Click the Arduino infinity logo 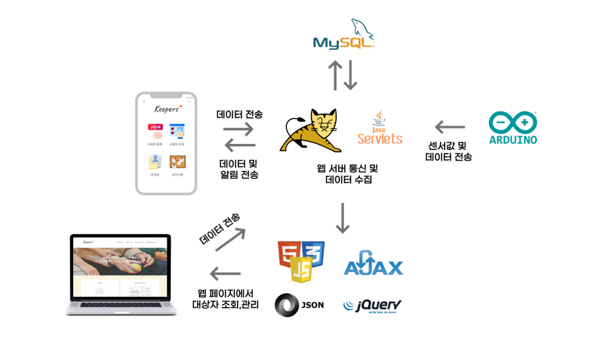coord(513,123)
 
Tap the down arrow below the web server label coord(342,218)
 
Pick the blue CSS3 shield coord(313,254)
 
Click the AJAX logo coord(373,264)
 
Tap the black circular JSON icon coord(286,305)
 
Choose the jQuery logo coord(373,306)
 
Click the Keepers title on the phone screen coord(166,109)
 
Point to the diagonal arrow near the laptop coord(230,239)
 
